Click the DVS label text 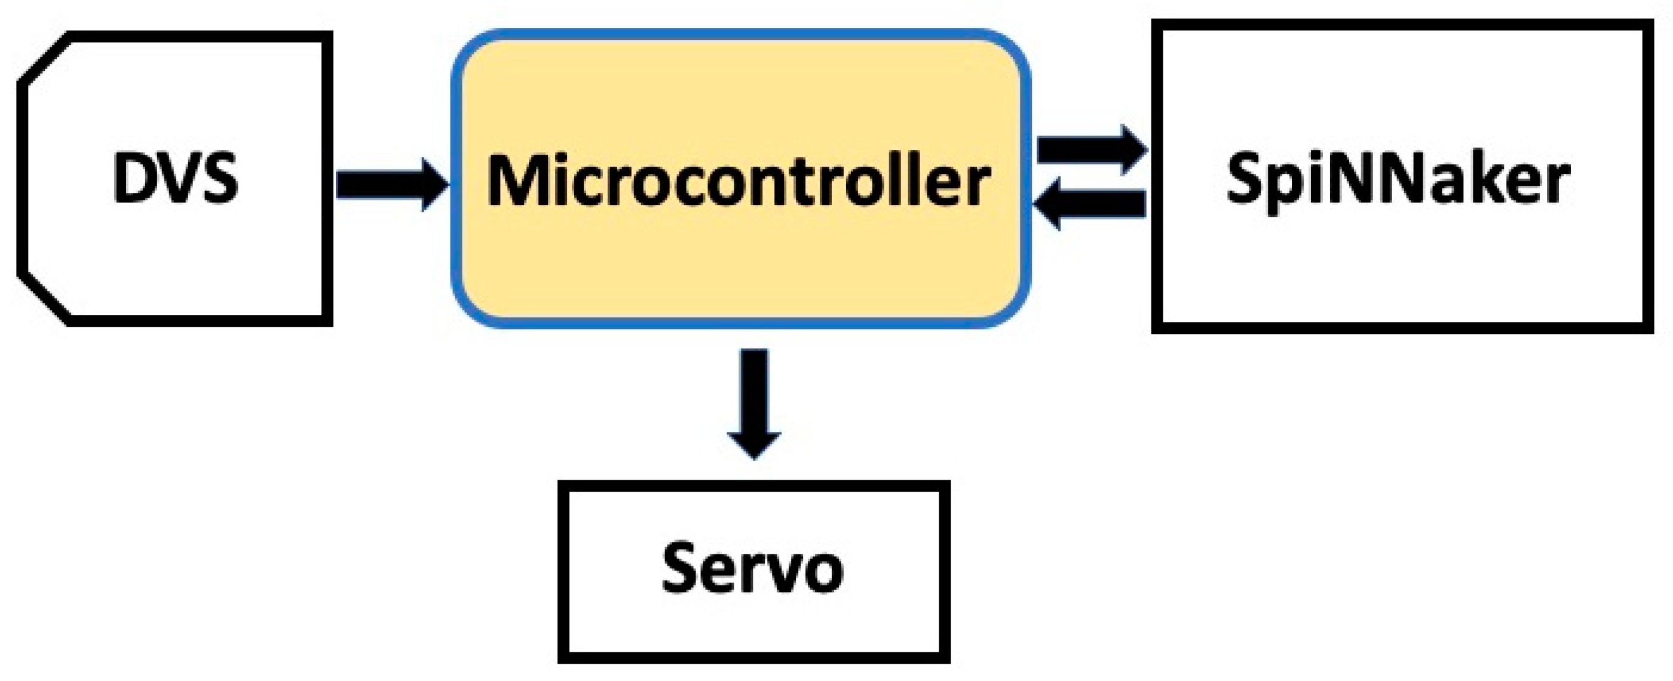pyautogui.click(x=175, y=179)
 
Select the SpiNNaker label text pyautogui.click(x=1398, y=179)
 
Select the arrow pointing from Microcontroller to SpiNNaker pyautogui.click(x=1091, y=150)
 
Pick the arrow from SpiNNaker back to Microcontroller pyautogui.click(x=1091, y=203)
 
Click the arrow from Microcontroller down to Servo pyautogui.click(x=753, y=403)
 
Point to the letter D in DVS pyautogui.click(x=133, y=179)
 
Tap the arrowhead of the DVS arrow pyautogui.click(x=434, y=185)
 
